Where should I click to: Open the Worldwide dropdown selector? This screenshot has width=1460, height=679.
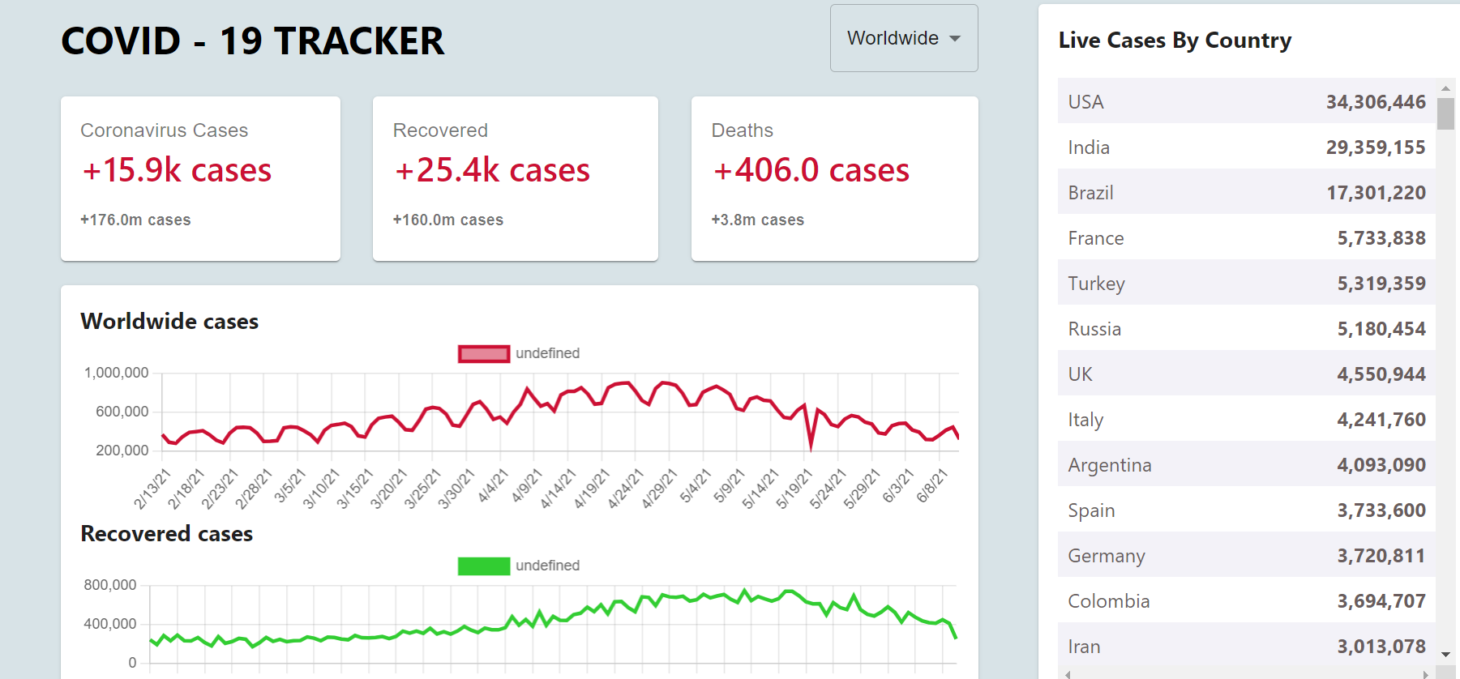point(903,38)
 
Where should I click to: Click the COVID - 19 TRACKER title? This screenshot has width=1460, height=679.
point(252,41)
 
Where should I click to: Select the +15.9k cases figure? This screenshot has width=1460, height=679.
point(177,170)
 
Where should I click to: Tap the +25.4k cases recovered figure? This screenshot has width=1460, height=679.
point(492,170)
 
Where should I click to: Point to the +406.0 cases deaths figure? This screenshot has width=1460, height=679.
point(811,170)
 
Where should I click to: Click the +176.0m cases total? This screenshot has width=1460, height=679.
point(135,220)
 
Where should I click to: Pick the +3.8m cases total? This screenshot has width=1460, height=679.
point(757,220)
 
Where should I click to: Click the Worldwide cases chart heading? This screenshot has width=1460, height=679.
point(169,322)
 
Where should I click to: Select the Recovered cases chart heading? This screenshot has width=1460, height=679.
point(167,534)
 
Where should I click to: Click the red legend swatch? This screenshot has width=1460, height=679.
point(484,353)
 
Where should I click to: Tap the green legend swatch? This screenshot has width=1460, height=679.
point(484,566)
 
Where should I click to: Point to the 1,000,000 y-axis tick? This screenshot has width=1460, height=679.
point(117,373)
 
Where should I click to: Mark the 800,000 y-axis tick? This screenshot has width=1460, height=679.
point(110,585)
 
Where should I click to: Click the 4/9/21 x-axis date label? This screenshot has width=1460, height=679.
point(527,485)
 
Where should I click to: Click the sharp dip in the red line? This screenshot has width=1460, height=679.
point(811,445)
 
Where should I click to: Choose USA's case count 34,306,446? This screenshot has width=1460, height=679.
point(1376,102)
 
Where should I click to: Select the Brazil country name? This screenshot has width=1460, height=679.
point(1090,193)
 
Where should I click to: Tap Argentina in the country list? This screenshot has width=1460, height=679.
point(1109,465)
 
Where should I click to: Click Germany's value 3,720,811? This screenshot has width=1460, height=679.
point(1381,556)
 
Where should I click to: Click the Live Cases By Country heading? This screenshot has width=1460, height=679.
point(1175,41)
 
